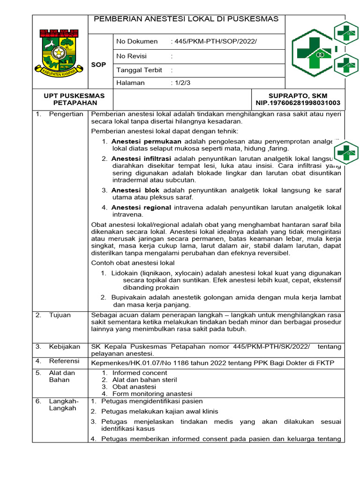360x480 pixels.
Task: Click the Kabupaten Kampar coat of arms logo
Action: (59, 52)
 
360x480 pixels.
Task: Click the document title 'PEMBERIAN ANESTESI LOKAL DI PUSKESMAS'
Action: (186, 19)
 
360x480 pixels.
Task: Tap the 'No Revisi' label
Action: (131, 56)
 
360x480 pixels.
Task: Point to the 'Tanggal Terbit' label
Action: (139, 70)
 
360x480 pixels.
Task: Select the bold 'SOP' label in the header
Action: (99, 64)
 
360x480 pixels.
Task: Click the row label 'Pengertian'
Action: (66, 114)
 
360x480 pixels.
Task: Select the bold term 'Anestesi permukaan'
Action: (147, 141)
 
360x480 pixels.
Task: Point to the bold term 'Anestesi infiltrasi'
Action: (141, 158)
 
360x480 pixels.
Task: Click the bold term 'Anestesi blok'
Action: (135, 190)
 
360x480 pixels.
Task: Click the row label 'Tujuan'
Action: (60, 315)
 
